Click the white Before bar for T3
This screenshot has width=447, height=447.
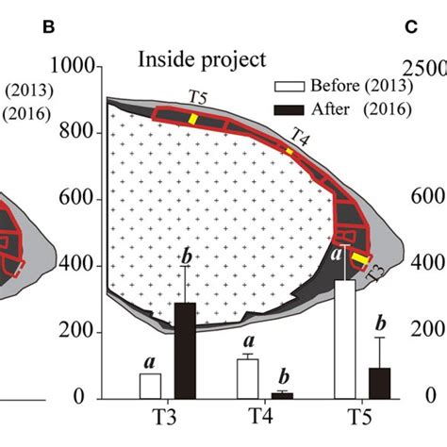click(150, 386)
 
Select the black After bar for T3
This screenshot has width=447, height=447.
click(185, 351)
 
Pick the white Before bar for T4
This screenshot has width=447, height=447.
click(248, 379)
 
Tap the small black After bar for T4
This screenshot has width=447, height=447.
click(282, 396)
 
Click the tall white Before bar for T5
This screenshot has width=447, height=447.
click(345, 339)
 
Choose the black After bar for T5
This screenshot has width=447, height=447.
click(380, 384)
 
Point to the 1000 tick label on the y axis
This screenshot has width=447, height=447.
click(72, 66)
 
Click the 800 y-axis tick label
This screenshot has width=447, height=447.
click(76, 132)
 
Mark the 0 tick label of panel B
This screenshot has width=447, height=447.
click(79, 397)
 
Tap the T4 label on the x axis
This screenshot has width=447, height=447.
click(260, 417)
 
